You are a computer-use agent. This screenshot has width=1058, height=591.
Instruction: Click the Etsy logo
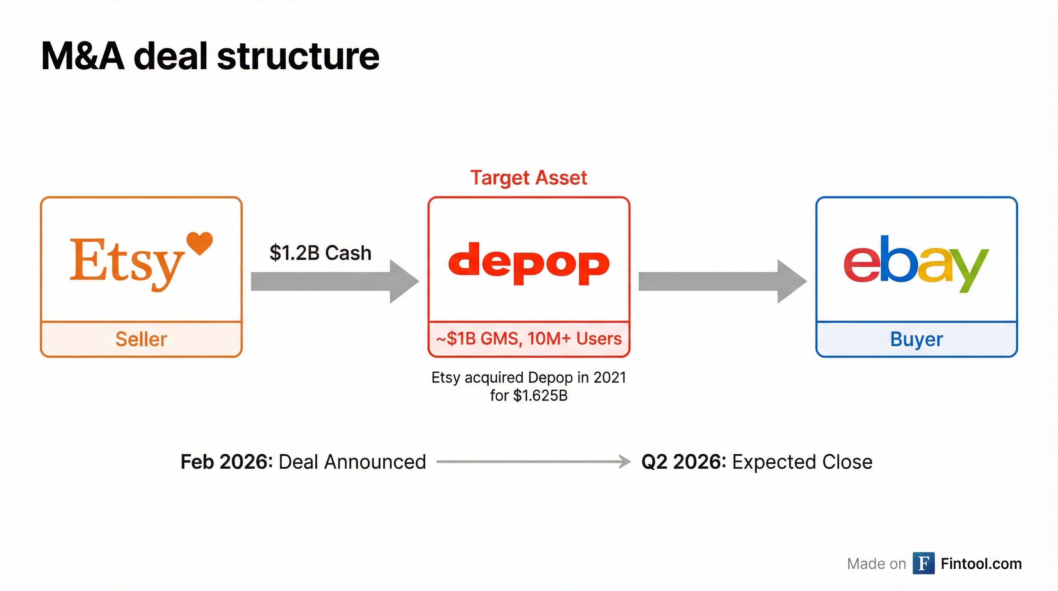(127, 263)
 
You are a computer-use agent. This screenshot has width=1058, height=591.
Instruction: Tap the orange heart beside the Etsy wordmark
(200, 242)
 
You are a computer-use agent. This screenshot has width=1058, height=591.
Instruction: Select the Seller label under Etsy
(141, 339)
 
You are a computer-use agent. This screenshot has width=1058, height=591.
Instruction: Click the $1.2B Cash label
(320, 253)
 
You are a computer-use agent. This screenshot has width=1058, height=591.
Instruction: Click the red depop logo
(529, 263)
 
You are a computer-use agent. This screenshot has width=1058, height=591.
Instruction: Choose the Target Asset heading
(529, 177)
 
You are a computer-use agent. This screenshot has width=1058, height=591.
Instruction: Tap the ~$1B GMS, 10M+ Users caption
(529, 339)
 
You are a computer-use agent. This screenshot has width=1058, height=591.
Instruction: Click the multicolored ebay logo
(916, 263)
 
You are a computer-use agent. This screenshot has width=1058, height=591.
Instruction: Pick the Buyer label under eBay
(916, 339)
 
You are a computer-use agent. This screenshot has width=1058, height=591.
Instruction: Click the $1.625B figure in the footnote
(540, 396)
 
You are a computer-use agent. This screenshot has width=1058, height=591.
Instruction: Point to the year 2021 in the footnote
(609, 377)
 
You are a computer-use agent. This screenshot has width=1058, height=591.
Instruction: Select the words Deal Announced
(352, 462)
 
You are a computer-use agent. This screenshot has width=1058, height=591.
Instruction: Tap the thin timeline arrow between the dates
(533, 462)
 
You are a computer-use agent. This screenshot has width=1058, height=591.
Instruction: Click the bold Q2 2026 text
(684, 462)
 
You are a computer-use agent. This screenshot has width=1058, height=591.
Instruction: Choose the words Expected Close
(802, 462)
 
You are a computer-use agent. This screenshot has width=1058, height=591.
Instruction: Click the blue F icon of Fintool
(923, 563)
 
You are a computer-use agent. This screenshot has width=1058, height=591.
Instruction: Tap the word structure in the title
(298, 56)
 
